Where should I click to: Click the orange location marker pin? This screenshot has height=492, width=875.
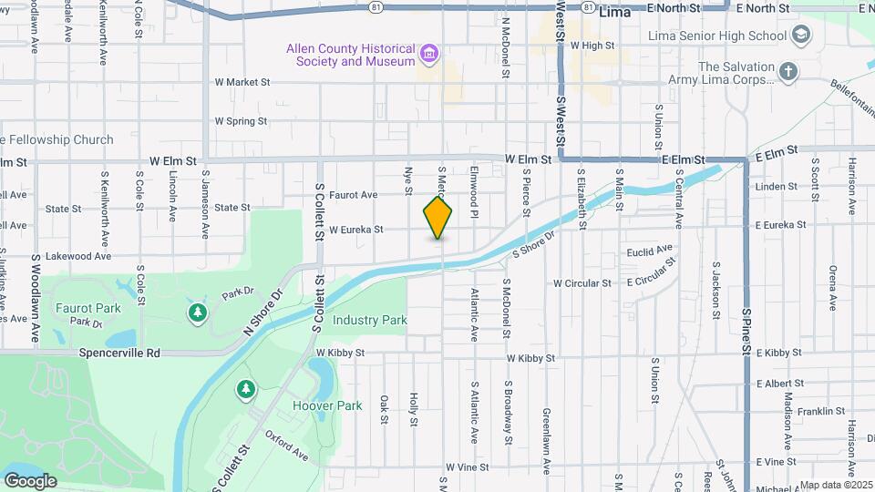[437, 218]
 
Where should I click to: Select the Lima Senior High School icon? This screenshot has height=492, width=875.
[801, 36]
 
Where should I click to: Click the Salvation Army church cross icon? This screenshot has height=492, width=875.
[788, 71]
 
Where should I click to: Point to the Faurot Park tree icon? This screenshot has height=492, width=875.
[197, 313]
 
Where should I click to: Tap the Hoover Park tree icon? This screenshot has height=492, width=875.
[245, 390]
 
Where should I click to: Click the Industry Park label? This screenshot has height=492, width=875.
[369, 321]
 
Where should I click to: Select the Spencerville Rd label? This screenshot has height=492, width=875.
[119, 353]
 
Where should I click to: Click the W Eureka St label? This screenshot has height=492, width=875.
[355, 230]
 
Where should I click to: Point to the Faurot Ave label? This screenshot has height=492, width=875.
[353, 195]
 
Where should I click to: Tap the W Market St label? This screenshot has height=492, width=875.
[242, 82]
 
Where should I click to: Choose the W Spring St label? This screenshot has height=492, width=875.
[241, 121]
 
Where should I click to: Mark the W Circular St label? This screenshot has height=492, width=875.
[582, 283]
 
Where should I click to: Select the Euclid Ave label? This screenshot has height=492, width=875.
[649, 250]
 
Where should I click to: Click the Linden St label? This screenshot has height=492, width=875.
[777, 187]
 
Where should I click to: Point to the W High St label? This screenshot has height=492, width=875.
[592, 45]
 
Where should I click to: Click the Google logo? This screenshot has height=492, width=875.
[30, 481]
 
